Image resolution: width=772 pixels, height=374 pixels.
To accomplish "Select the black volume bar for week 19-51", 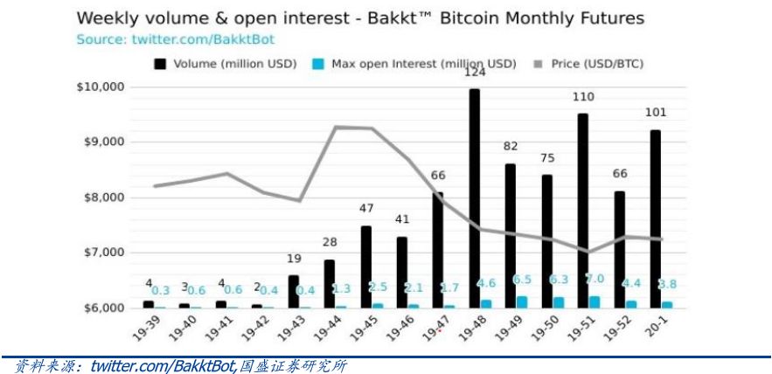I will (582, 211).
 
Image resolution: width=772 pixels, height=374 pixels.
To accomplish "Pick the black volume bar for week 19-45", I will (365, 267).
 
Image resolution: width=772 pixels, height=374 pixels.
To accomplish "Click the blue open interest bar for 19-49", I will (522, 301).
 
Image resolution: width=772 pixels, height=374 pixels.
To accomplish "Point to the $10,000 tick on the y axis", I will (101, 87).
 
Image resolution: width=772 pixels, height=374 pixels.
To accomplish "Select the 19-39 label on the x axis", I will (147, 329).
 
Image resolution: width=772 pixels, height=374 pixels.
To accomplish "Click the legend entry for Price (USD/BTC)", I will (594, 64).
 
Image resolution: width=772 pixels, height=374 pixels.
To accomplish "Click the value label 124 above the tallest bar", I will (475, 73).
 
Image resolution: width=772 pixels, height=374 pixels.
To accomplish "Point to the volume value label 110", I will (583, 97).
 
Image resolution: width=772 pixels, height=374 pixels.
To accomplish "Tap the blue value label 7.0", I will (595, 278).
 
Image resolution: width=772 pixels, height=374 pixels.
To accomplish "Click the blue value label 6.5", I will (522, 279).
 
